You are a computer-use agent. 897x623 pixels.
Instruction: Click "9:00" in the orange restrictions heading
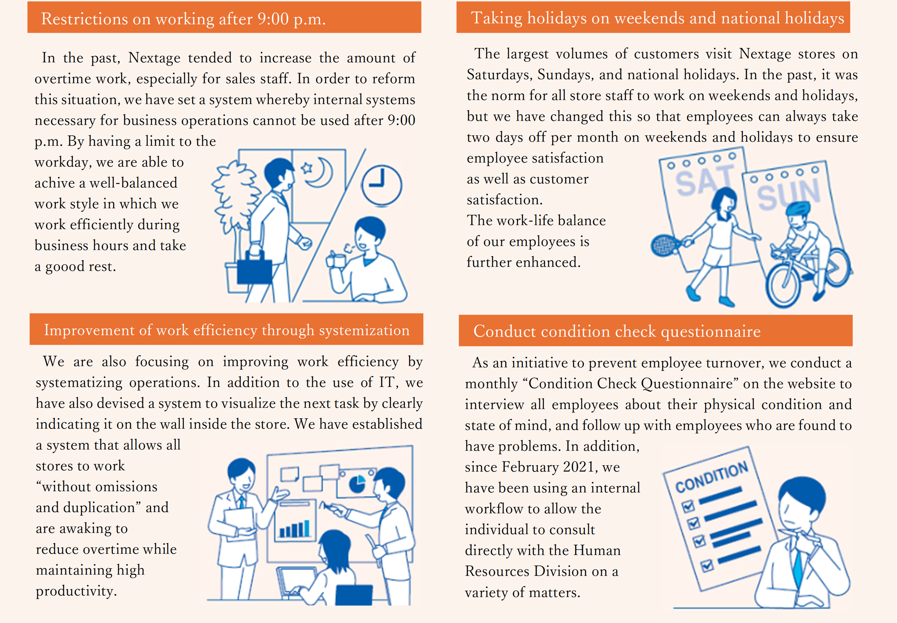(273, 19)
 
